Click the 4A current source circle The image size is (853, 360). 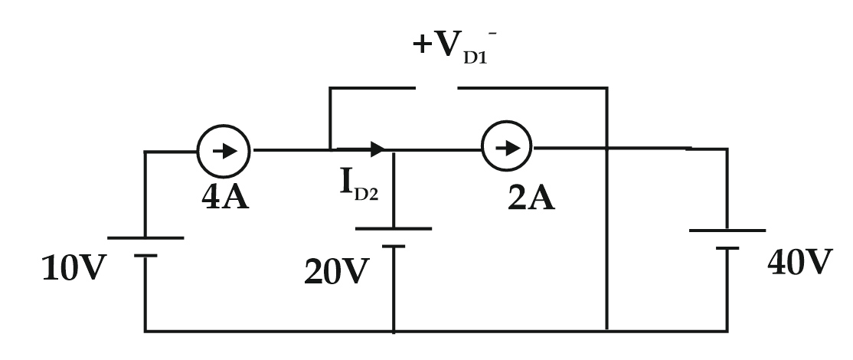click(224, 150)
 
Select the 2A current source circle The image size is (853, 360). click(507, 149)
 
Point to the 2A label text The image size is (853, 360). click(531, 198)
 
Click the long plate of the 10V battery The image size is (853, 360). click(145, 238)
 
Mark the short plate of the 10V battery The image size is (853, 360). click(145, 256)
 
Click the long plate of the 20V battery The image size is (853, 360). click(394, 228)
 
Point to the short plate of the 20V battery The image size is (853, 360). click(394, 246)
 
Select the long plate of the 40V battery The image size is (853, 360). click(727, 230)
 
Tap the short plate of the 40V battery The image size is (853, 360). click(727, 247)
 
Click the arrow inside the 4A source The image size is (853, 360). click(224, 150)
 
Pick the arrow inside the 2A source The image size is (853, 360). click(507, 149)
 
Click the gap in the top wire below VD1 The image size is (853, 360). click(436, 88)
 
